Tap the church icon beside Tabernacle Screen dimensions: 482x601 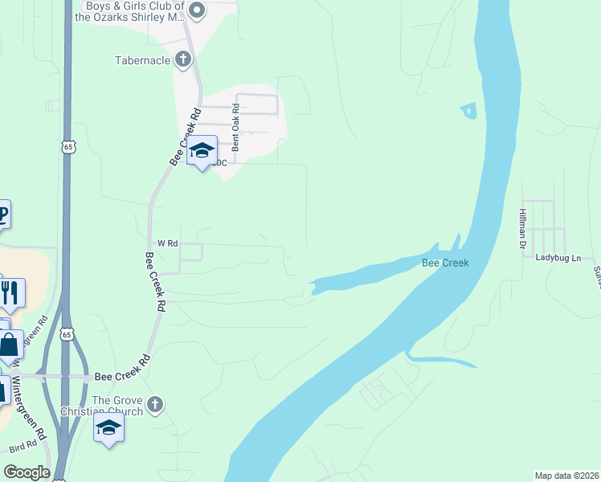coord(183,59)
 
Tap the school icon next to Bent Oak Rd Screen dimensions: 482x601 coord(202,150)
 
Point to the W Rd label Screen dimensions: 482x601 coord(167,243)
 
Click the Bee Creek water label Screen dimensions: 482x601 coord(445,263)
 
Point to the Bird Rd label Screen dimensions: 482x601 coord(22,444)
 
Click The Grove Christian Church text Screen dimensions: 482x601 coord(117,406)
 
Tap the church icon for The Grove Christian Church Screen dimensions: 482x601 coord(156,405)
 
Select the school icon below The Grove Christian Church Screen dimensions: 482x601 coord(108,427)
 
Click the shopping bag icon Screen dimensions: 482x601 coord(9,345)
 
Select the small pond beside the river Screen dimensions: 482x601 coord(468,111)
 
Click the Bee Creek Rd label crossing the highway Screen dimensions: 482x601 coord(122,375)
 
